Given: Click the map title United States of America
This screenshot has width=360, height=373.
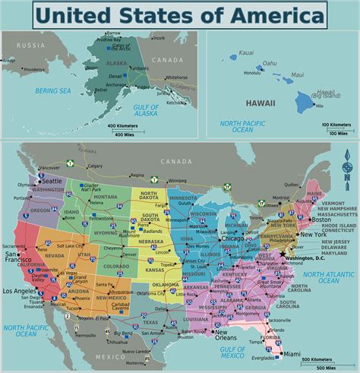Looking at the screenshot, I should tap(180, 14).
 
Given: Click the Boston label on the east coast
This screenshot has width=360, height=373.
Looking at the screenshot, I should tap(321, 198).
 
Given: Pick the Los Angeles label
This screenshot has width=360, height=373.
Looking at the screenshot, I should tap(21, 291).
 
